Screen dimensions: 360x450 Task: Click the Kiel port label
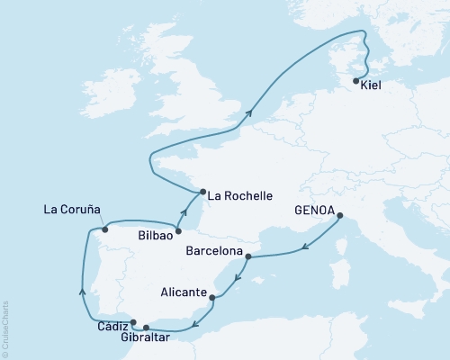pyautogui.click(x=370, y=91)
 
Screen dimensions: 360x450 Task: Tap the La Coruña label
pyautogui.click(x=72, y=211)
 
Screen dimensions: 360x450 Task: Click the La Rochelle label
pyautogui.click(x=240, y=194)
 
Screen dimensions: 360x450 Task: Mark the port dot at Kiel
pyautogui.click(x=356, y=81)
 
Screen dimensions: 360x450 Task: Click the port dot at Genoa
pyautogui.click(x=339, y=215)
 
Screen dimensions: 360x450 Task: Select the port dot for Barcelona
pyautogui.click(x=247, y=256)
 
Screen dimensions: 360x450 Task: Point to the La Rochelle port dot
pyautogui.click(x=202, y=191)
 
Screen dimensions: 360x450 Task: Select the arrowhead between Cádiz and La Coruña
pyautogui.click(x=82, y=289)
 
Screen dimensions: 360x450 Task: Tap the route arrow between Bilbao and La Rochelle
pyautogui.click(x=183, y=212)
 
